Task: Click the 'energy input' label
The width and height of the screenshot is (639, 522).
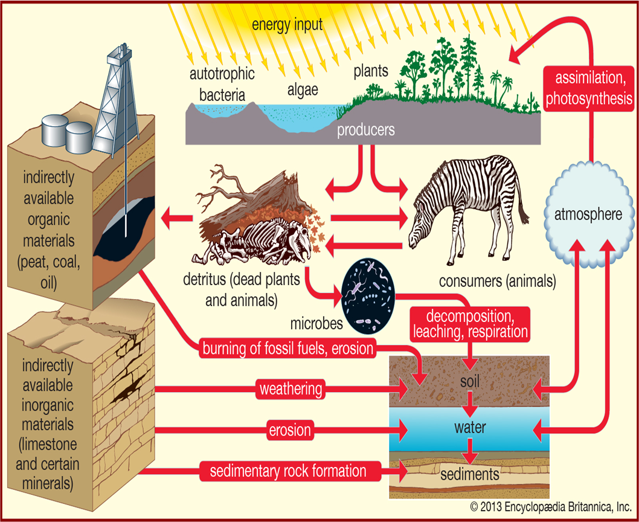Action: (287, 25)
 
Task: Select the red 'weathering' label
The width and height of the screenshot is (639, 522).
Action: (290, 389)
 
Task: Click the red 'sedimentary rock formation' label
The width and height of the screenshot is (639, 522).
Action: (288, 470)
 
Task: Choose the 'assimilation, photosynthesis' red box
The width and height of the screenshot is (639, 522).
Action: (588, 89)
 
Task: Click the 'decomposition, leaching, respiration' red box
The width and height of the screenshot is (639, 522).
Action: (469, 323)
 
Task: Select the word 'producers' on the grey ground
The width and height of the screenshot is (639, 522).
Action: (366, 130)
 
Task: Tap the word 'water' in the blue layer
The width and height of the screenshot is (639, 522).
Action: (470, 428)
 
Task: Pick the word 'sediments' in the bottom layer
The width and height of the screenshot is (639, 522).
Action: (470, 474)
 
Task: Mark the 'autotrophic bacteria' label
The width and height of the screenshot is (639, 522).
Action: (222, 84)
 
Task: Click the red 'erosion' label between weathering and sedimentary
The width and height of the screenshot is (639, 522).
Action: (290, 431)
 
